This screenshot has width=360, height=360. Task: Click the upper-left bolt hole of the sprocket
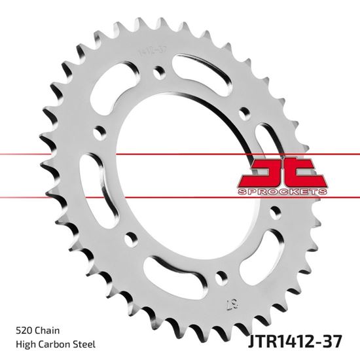99,130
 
